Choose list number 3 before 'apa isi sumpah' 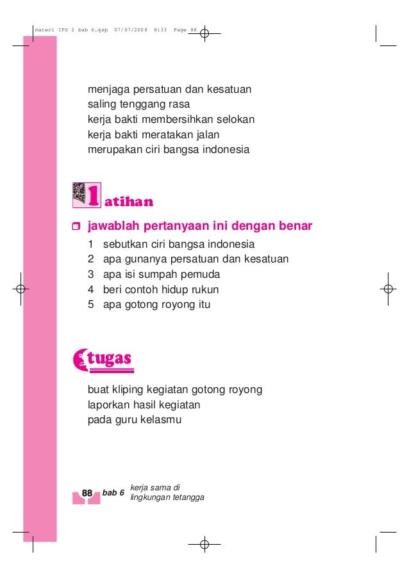(x=91, y=275)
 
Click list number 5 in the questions (x=91, y=305)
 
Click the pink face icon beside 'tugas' (x=81, y=358)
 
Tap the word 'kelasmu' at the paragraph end (x=162, y=420)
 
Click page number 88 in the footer (x=87, y=493)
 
